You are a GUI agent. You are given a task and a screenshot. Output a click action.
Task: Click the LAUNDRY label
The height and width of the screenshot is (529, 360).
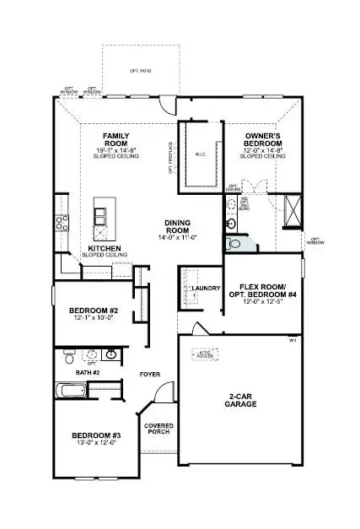pyautogui.click(x=206, y=289)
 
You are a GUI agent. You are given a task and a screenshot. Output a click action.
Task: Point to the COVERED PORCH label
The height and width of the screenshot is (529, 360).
pyautogui.click(x=159, y=429)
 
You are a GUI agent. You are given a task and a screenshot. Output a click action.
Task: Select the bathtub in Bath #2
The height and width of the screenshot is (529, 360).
pyautogui.click(x=74, y=391)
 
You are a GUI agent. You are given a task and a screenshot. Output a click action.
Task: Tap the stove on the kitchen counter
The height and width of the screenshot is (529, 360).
pyautogui.click(x=62, y=223)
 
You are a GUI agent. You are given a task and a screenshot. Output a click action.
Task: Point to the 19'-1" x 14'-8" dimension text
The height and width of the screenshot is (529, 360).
pyautogui.click(x=115, y=149)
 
